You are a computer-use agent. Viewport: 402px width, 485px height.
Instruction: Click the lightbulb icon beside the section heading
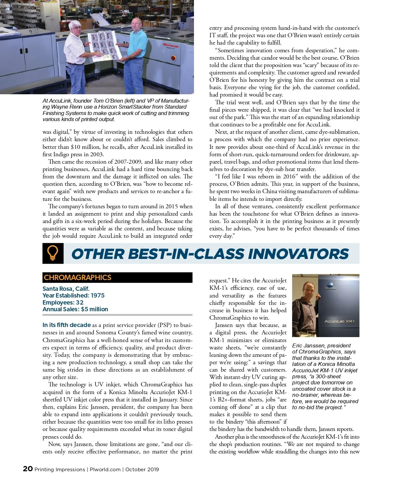pyautogui.click(x=53, y=253)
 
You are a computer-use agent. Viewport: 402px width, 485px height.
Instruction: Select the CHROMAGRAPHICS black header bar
pyautogui.click(x=117, y=277)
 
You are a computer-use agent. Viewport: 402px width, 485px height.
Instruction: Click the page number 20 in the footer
pyautogui.click(x=28, y=469)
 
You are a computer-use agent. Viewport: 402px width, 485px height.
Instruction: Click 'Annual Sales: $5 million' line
pyautogui.click(x=75, y=309)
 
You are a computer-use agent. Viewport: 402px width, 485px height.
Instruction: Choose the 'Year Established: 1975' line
pyautogui.click(x=73, y=295)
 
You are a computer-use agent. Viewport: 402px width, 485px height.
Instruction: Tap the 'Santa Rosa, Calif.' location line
pyautogui.click(x=66, y=289)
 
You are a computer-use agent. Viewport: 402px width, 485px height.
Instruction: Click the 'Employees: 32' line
pyautogui.click(x=63, y=303)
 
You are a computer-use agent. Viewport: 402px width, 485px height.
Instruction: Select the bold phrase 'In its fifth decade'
pyautogui.click(x=67, y=325)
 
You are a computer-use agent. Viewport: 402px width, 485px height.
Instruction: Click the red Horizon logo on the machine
pyautogui.click(x=171, y=45)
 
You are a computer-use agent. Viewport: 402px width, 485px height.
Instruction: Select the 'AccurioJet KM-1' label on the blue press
pyautogui.click(x=339, y=321)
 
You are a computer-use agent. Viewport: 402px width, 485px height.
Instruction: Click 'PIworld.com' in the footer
pyautogui.click(x=105, y=470)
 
